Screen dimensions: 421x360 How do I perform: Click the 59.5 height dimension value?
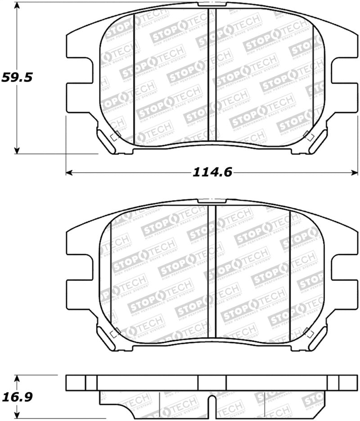[17, 77]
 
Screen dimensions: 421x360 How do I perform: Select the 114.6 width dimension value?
[212, 172]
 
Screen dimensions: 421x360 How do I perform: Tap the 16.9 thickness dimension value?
[17, 397]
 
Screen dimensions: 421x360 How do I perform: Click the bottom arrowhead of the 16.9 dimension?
[17, 416]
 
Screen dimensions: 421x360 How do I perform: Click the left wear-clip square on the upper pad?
[114, 136]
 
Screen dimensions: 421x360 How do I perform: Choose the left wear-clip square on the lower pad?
[114, 333]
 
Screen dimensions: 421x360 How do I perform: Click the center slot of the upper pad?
[212, 76]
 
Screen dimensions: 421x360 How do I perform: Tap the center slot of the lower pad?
[212, 272]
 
